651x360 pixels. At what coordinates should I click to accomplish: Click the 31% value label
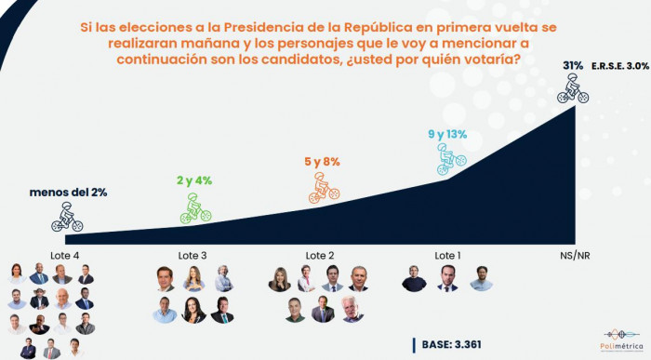573,65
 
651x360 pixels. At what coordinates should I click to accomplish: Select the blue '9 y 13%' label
447,135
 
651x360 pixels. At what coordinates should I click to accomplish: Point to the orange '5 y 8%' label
322,161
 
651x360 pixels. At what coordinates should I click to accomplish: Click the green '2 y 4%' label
193,180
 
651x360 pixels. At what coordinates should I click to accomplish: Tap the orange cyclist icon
323,186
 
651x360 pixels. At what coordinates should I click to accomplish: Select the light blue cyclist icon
449,161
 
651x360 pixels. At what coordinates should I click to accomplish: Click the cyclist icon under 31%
573,88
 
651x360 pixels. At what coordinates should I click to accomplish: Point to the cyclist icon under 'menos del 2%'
67,218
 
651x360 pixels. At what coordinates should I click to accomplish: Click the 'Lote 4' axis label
65,255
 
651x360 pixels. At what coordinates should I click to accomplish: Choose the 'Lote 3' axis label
193,255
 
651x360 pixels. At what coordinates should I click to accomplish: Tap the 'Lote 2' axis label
320,255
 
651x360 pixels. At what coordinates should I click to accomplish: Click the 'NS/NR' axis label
573,255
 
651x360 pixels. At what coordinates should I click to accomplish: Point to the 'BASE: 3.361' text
451,345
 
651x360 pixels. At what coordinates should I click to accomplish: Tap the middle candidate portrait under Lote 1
447,278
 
